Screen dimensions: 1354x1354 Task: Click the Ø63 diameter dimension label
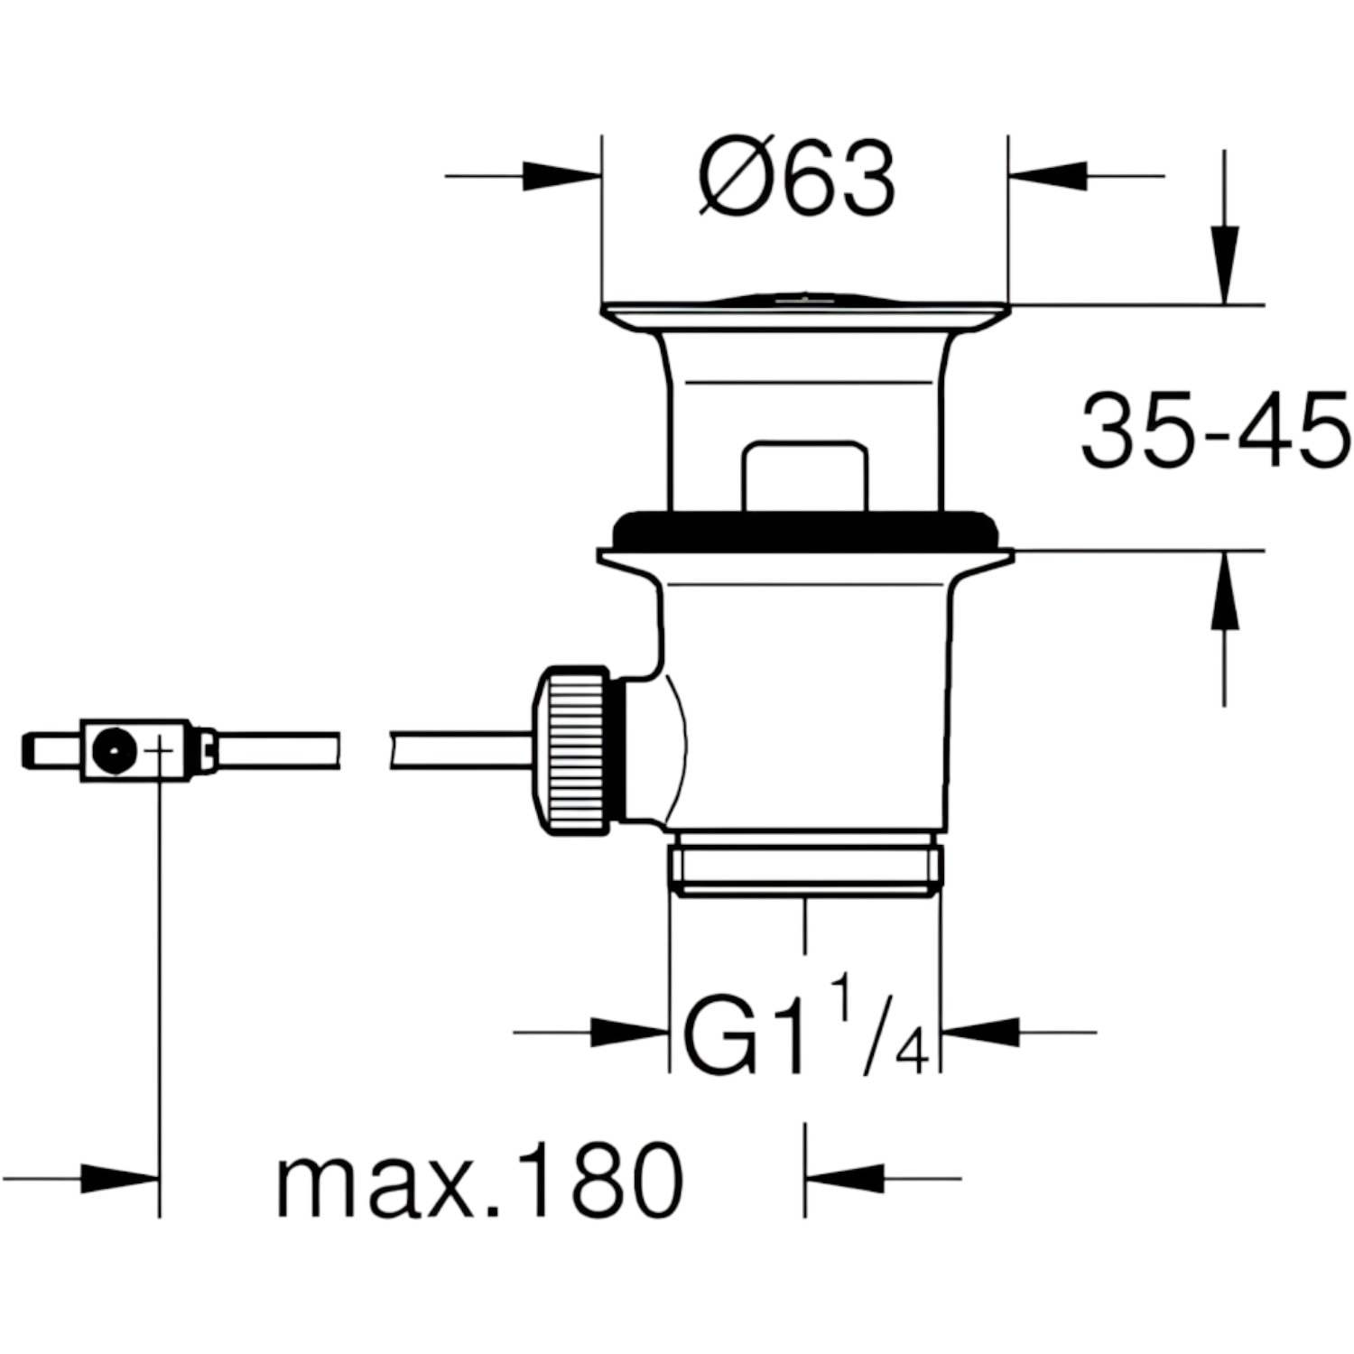click(x=798, y=178)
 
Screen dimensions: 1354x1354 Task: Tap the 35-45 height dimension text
click(x=1215, y=431)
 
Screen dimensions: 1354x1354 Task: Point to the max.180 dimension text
click(x=479, y=1179)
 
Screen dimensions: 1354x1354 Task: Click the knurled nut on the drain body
click(x=573, y=750)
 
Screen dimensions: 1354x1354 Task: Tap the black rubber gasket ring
click(x=805, y=531)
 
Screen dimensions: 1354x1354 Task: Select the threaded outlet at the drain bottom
click(x=805, y=865)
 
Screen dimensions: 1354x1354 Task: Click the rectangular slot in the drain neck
click(x=804, y=476)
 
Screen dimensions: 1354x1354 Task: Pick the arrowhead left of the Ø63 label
click(x=561, y=176)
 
